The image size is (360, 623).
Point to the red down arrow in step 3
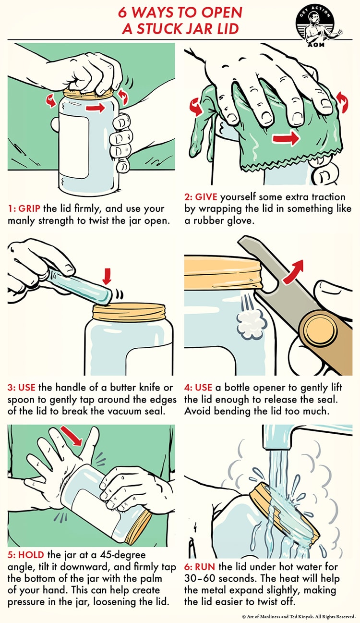(x=107, y=276)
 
